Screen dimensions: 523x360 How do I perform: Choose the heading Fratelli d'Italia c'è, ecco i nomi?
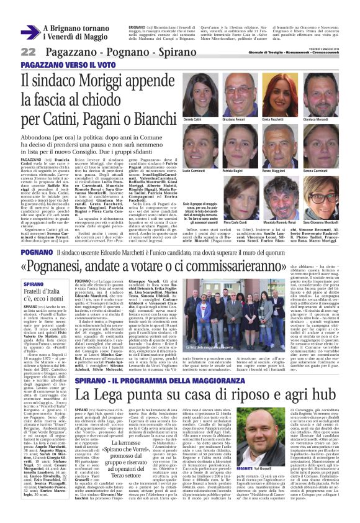click(43, 294)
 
